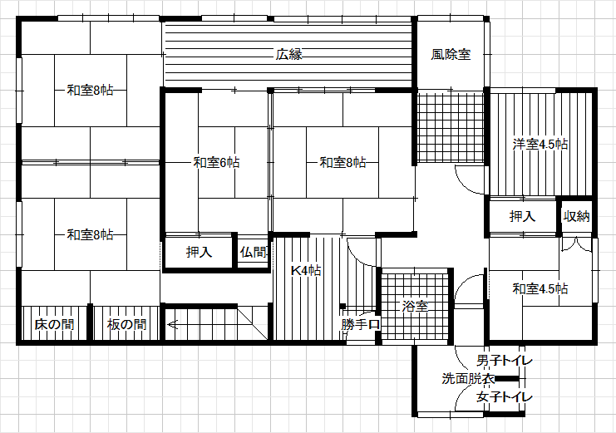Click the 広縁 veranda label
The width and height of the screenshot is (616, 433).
click(288, 54)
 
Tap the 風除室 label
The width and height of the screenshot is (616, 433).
click(451, 54)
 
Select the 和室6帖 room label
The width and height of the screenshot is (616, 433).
click(216, 162)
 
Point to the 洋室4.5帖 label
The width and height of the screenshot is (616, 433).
click(540, 145)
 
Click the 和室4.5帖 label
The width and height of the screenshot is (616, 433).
click(540, 288)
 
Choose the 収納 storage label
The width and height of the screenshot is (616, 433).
click(577, 216)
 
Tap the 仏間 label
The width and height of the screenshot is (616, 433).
click(254, 252)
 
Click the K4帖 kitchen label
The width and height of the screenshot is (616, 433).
click(306, 270)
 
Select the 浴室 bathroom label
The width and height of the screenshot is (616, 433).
click(415, 306)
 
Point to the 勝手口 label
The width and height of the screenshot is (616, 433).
click(361, 325)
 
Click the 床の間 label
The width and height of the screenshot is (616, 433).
click(54, 325)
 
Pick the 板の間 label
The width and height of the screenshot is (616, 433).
click(126, 325)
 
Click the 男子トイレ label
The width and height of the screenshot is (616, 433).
click(505, 361)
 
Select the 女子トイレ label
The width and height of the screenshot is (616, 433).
click(505, 397)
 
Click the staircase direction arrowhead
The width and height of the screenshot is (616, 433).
click(172, 325)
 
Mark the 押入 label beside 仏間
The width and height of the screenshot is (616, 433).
click(199, 252)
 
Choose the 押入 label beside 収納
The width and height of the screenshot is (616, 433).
click(522, 216)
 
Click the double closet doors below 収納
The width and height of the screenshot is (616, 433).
click(576, 244)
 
